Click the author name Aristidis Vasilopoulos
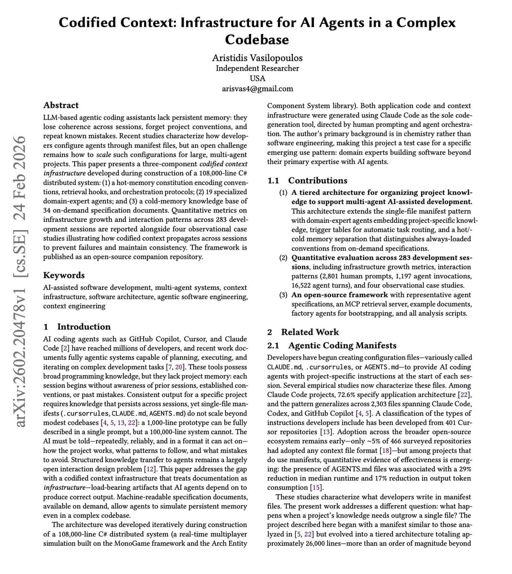257,58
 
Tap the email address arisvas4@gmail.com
257,88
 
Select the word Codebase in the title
257,39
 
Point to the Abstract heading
61,105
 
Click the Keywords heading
64,275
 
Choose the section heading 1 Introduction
77,327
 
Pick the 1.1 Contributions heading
307,181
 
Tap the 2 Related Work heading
303,332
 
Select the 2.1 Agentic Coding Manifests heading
332,345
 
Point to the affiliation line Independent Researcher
257,68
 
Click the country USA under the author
257,78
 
